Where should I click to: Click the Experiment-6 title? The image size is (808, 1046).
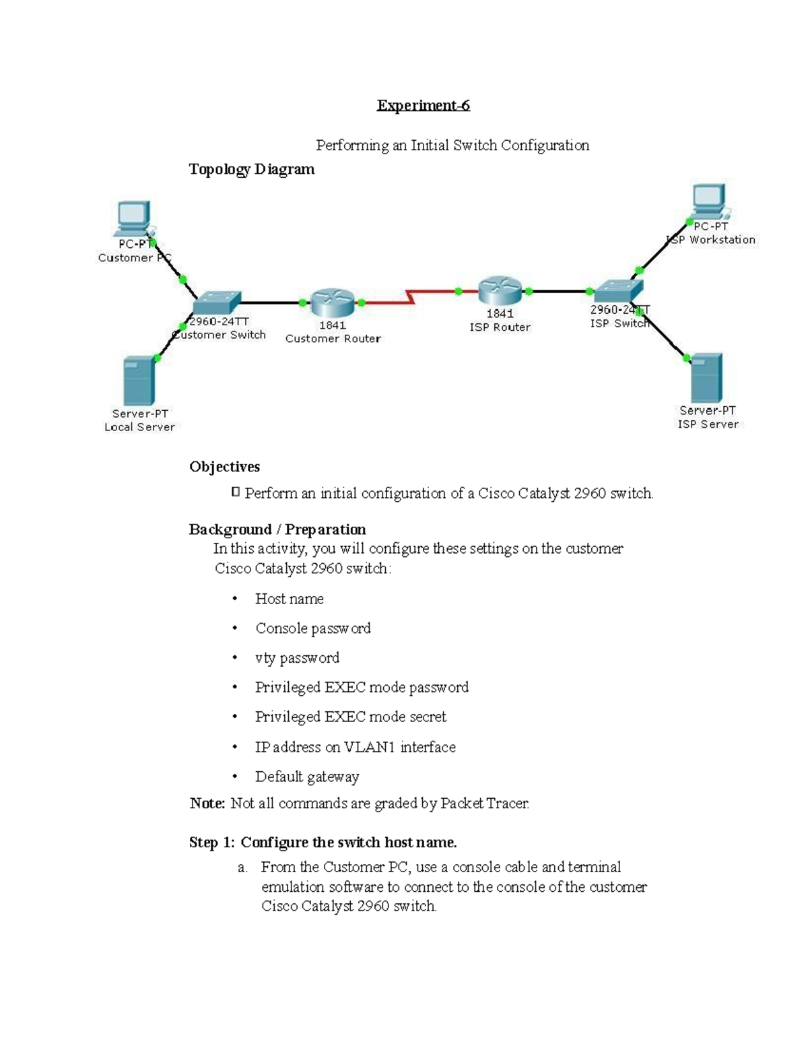[423, 105]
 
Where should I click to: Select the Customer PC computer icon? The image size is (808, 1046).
[133, 218]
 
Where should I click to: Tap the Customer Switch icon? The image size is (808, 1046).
[216, 303]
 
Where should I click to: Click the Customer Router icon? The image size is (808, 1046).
[332, 302]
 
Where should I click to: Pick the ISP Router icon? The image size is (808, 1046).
[500, 291]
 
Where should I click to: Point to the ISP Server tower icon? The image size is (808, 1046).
[706, 378]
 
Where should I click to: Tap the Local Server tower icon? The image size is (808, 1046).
[139, 381]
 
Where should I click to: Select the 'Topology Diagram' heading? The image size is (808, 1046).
[251, 169]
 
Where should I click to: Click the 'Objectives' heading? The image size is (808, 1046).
[224, 467]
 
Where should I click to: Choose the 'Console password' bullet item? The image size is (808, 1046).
[312, 628]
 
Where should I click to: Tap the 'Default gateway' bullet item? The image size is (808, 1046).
[306, 777]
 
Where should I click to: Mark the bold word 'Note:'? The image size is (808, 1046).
[207, 803]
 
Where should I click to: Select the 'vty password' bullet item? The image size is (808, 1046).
[297, 658]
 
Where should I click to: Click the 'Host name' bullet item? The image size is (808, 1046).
[289, 599]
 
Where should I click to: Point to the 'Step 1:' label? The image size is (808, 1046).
[211, 843]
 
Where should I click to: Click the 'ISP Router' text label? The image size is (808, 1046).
[500, 327]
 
